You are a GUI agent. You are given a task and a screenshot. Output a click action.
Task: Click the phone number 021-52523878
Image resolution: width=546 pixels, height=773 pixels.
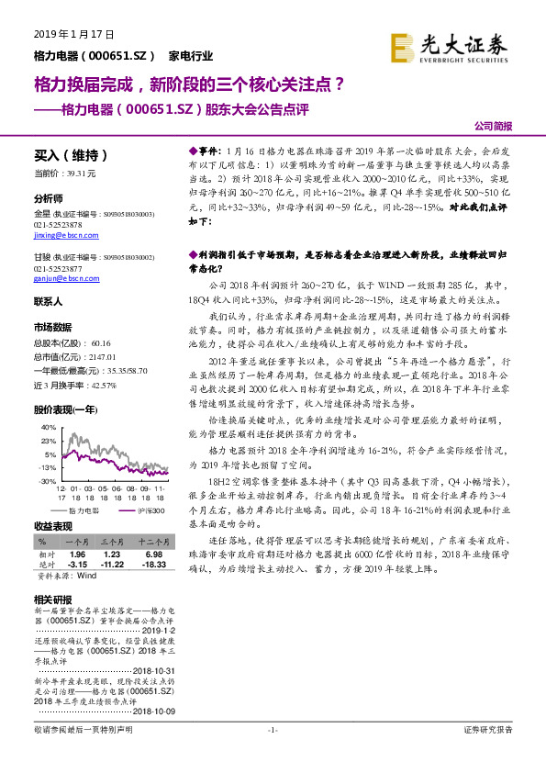(x=58, y=225)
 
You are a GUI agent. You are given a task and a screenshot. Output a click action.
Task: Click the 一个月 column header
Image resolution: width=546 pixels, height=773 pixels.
(x=77, y=543)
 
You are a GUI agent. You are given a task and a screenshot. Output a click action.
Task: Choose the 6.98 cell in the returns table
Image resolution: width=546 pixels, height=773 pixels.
(x=153, y=555)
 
